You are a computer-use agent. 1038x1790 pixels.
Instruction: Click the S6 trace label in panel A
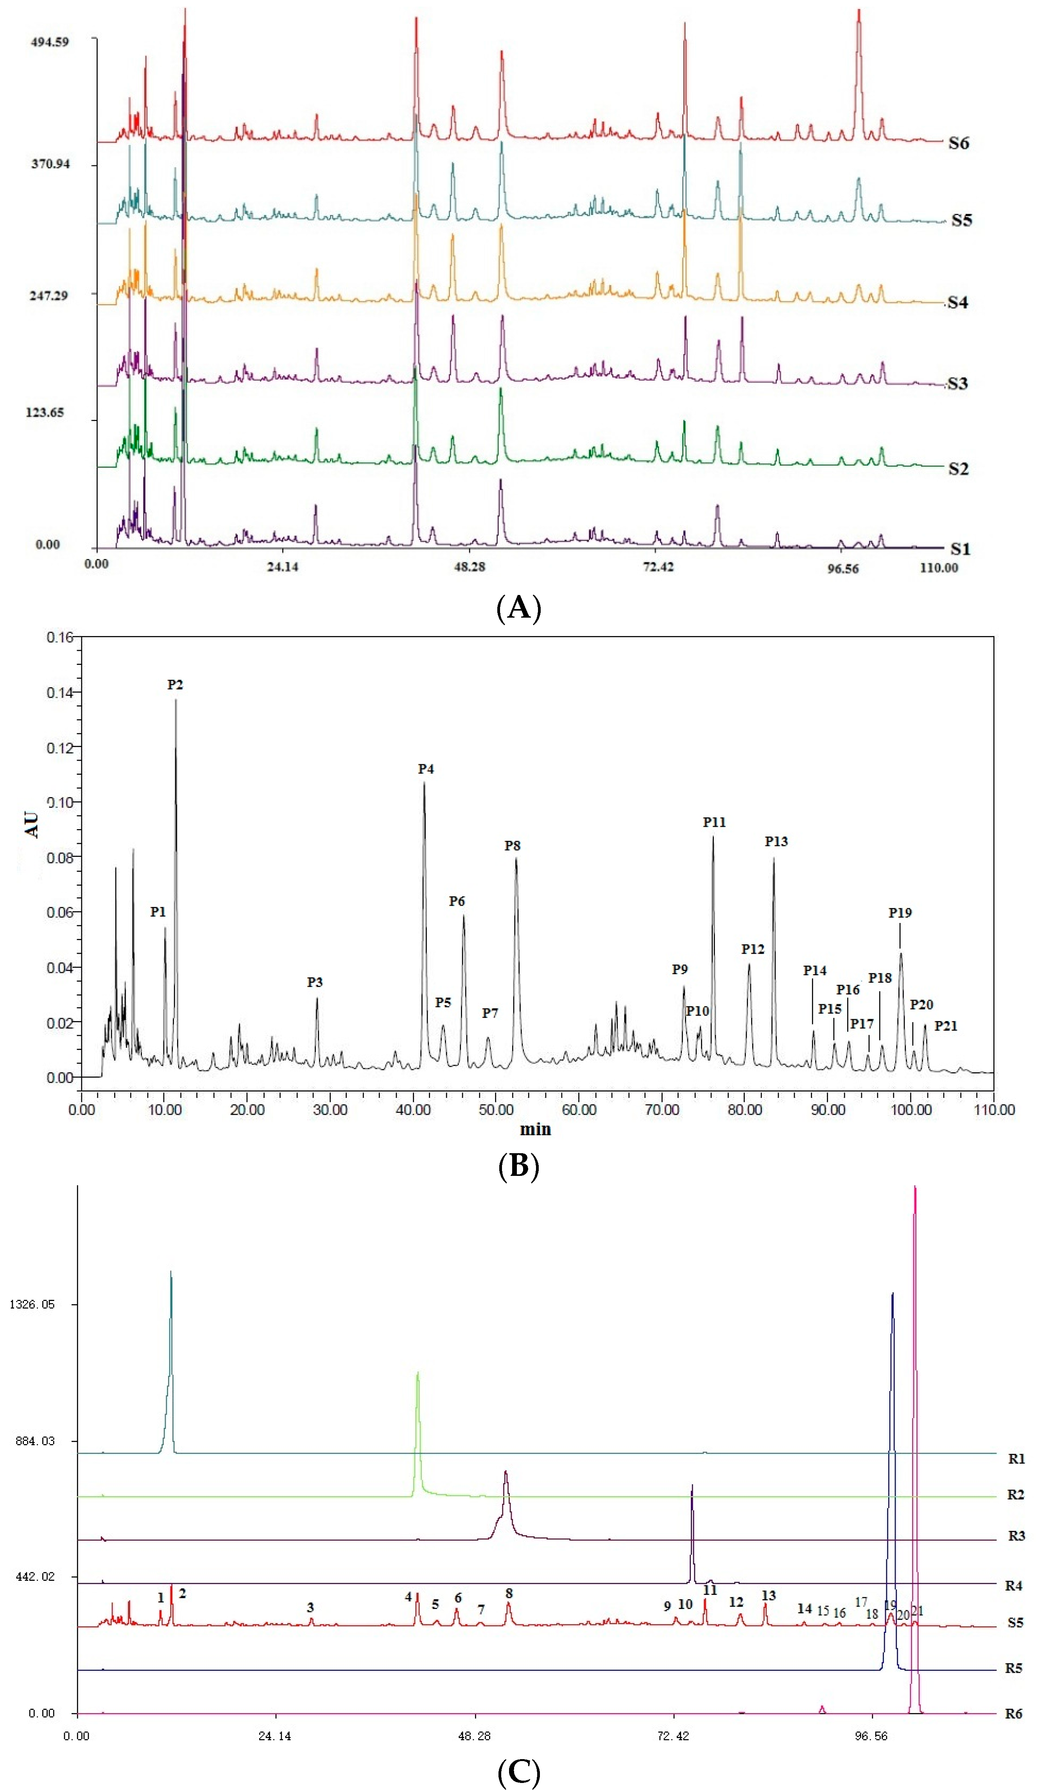click(958, 143)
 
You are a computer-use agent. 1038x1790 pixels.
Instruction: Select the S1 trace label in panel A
click(960, 549)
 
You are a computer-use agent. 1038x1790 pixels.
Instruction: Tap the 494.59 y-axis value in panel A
click(50, 42)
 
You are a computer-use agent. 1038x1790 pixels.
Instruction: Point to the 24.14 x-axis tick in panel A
click(283, 567)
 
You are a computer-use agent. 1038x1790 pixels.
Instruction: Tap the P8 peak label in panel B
click(512, 845)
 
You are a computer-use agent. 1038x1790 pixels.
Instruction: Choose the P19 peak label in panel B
click(900, 913)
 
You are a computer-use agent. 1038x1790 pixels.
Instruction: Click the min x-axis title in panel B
click(535, 1129)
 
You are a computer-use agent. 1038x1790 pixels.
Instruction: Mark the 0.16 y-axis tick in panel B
click(60, 637)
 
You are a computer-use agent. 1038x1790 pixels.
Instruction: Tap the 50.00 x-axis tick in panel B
click(496, 1109)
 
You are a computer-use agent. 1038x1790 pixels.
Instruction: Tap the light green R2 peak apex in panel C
click(418, 1373)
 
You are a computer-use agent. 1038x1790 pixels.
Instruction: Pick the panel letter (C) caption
click(519, 1772)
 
